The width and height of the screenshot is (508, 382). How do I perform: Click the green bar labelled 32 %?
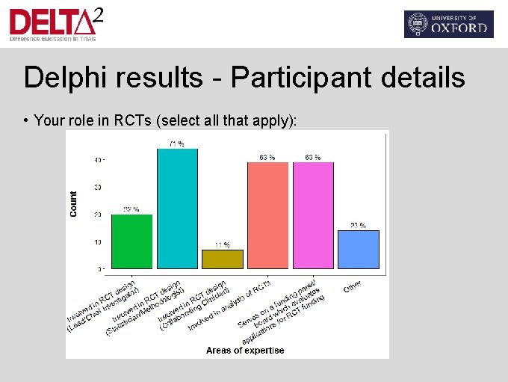131,241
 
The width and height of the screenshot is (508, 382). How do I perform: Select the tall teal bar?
177,208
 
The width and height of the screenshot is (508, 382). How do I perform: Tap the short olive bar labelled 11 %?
223,259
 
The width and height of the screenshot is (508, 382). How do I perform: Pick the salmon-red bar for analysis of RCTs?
267,215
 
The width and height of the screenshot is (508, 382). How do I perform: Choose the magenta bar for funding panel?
313,215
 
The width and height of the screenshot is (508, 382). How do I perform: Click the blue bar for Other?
359,249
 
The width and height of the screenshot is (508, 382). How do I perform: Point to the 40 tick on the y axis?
98,160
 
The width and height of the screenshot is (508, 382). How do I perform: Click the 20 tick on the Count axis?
98,215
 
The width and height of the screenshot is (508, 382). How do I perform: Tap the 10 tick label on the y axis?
98,241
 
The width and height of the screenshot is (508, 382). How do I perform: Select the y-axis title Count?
73,204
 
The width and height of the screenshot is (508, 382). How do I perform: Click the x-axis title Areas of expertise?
245,350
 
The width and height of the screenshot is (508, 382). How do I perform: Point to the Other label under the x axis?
353,286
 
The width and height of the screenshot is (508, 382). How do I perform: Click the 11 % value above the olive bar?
223,244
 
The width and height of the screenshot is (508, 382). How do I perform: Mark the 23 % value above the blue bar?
359,225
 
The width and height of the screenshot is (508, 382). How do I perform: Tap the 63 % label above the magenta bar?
313,157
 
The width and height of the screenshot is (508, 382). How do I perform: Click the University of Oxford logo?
448,24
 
